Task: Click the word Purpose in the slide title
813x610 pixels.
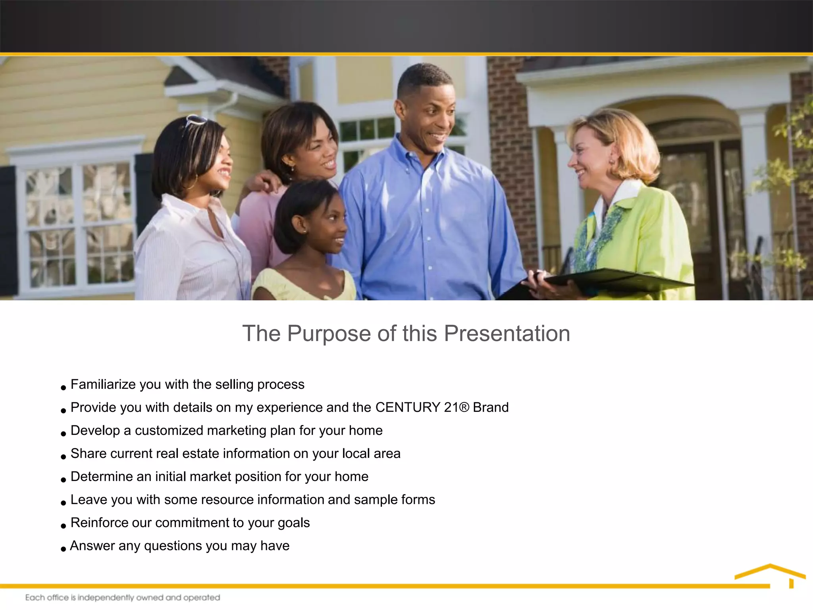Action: [x=329, y=334]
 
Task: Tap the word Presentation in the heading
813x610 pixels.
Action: [x=507, y=334]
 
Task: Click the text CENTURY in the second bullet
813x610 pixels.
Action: [x=408, y=407]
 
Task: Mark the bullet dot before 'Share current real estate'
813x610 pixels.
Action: [x=63, y=457]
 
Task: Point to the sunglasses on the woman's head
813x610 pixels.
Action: [x=195, y=120]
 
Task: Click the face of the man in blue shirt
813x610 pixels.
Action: [x=430, y=119]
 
